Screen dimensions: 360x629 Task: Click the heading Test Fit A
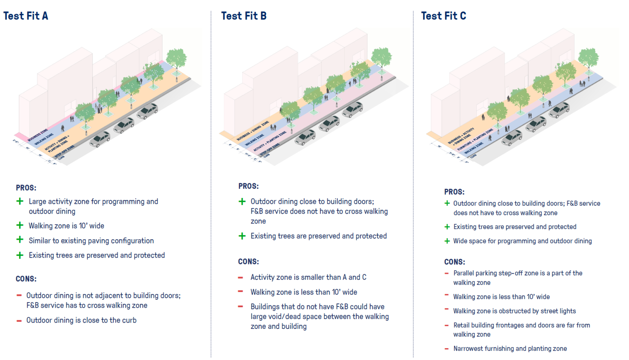tap(26, 16)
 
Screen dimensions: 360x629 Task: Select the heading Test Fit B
tap(244, 16)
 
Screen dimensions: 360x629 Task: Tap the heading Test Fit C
tap(443, 16)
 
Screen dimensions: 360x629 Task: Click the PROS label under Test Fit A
tap(26, 188)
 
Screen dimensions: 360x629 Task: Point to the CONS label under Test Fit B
tap(248, 262)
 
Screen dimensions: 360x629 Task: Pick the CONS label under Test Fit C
tap(454, 262)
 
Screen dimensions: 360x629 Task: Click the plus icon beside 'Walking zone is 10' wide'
tap(20, 225)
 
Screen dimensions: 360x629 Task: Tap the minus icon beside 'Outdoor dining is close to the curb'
tap(19, 321)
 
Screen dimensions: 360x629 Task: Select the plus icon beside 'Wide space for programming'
tap(447, 241)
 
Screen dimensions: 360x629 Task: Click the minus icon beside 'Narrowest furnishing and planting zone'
tap(446, 349)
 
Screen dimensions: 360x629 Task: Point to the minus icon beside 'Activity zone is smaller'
tap(240, 278)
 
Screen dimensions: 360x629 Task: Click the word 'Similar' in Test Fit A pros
tap(39, 241)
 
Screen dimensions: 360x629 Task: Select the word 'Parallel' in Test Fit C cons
tap(463, 273)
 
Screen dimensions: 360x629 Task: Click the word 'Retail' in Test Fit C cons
tap(461, 325)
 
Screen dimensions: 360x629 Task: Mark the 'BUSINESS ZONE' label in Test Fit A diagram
tap(38, 135)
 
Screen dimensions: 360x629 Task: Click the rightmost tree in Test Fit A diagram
tap(176, 59)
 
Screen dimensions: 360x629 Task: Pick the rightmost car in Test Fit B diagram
tap(352, 109)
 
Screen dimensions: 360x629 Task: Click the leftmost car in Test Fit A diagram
tap(100, 139)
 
